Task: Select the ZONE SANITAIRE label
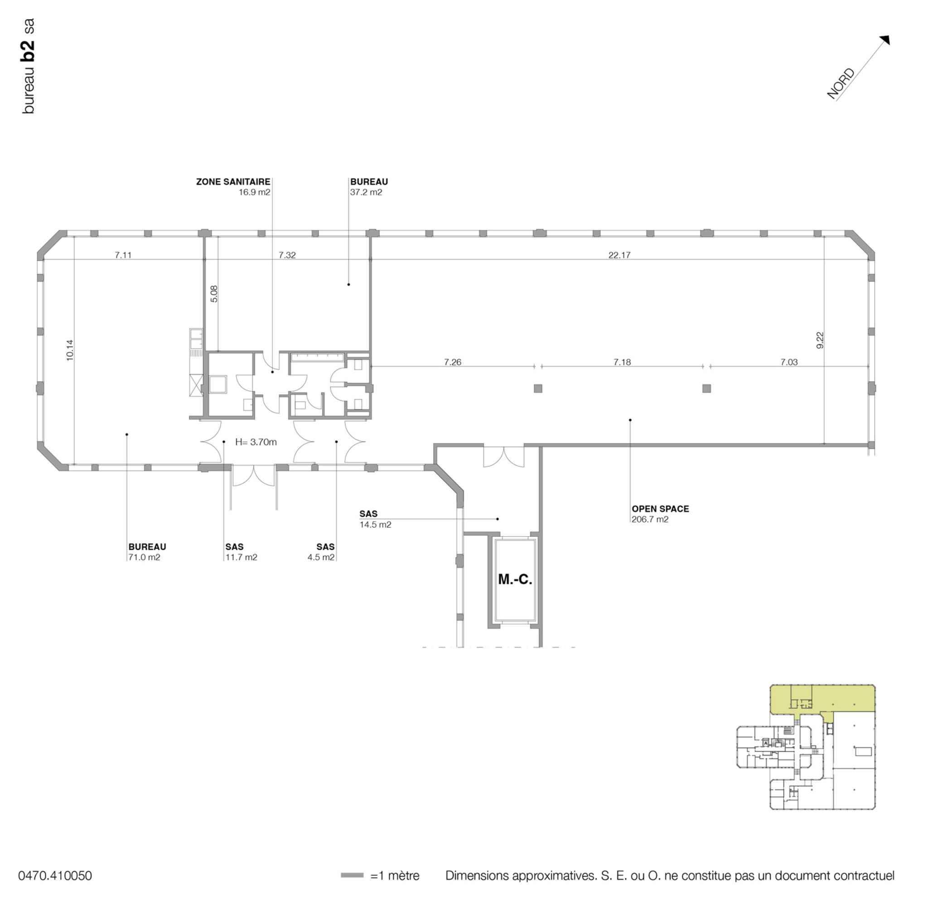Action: (233, 181)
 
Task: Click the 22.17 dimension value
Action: (619, 255)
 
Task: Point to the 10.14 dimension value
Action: (70, 350)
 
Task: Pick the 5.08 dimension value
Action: (214, 294)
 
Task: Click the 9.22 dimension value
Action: (820, 340)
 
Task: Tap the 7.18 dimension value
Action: (622, 362)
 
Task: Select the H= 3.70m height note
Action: (256, 442)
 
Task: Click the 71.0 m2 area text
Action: (145, 557)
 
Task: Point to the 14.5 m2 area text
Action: (376, 524)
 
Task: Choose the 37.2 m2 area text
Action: (366, 192)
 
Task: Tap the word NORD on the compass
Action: (841, 84)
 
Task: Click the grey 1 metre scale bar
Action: (352, 876)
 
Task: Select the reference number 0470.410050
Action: (55, 876)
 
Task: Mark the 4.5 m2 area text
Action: (321, 557)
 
